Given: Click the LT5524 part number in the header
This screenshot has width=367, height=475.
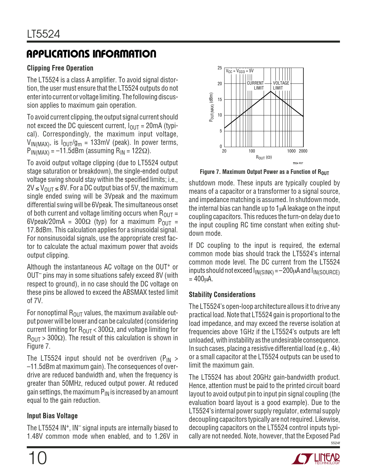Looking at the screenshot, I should pyautogui.click(x=43, y=34).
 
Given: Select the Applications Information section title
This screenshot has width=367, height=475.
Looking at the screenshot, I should pyautogui.click(x=92, y=54).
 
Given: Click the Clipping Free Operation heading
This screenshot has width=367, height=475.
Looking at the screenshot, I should pyautogui.click(x=60, y=68).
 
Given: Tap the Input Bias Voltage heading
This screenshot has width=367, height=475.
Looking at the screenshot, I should pyautogui.click(x=52, y=416).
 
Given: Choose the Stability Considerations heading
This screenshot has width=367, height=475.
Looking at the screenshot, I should pyautogui.click(x=222, y=294).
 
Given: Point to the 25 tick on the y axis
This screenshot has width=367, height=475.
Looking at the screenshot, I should pyautogui.click(x=220, y=68).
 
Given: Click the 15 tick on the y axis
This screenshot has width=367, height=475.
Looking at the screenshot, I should pyautogui.click(x=220, y=100).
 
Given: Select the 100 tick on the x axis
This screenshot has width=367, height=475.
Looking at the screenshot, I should pyautogui.click(x=252, y=151).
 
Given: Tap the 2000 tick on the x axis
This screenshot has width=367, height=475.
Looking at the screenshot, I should pyautogui.click(x=303, y=151).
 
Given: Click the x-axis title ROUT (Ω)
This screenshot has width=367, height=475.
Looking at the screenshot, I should pyautogui.click(x=264, y=157).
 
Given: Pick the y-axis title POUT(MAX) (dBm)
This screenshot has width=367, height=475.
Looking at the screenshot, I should pyautogui.click(x=212, y=107).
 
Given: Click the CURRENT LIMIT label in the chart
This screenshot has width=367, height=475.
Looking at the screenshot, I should pyautogui.click(x=256, y=85).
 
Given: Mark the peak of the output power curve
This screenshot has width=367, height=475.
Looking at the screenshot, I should pyautogui.click(x=271, y=91).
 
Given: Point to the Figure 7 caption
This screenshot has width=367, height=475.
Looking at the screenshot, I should pyautogui.click(x=264, y=172).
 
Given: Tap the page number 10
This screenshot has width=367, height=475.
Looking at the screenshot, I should pyautogui.click(x=37, y=458).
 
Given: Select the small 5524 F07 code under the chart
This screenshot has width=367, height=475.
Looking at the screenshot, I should pyautogui.click(x=298, y=163).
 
